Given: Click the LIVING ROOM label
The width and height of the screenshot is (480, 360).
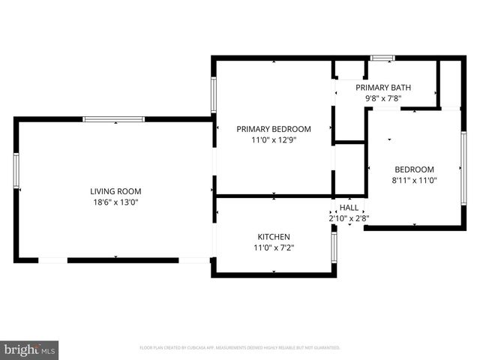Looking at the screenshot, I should tap(115, 191).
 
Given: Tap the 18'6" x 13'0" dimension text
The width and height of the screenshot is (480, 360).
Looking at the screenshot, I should tap(115, 202).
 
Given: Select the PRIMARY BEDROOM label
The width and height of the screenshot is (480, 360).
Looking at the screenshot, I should tap(274, 129).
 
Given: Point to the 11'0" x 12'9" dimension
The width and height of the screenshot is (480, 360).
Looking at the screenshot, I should tap(274, 139).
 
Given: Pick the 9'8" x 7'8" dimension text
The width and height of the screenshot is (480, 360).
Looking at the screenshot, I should tap(383, 97).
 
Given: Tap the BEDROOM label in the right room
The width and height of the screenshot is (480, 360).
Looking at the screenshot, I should tap(414, 169).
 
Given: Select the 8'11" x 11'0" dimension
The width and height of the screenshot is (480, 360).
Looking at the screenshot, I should tap(414, 180).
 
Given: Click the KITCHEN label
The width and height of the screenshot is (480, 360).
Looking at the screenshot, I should tap(273, 237).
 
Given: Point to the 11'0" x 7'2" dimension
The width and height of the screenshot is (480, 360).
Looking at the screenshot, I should tap(273, 247).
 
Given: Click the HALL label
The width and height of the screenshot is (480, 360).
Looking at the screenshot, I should tap(349, 208).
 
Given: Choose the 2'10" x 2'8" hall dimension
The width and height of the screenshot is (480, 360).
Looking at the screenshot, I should tap(349, 218).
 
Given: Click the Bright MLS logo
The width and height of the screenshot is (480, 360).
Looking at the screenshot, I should tap(30, 349).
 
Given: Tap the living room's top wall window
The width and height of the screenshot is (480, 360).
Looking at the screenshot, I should tap(113, 118).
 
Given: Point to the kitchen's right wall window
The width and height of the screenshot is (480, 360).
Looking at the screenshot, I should tap(334, 245).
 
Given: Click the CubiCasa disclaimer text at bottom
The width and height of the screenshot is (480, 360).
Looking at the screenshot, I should tap(240, 348).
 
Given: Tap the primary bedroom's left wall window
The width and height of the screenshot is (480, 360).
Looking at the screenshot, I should tap(214, 95).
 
